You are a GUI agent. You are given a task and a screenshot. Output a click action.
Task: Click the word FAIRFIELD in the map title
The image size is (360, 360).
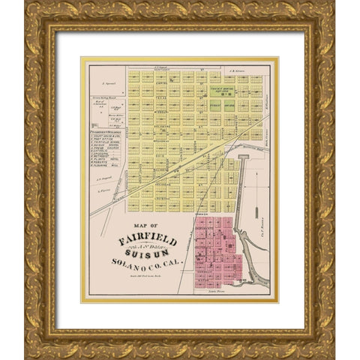point(147,241)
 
